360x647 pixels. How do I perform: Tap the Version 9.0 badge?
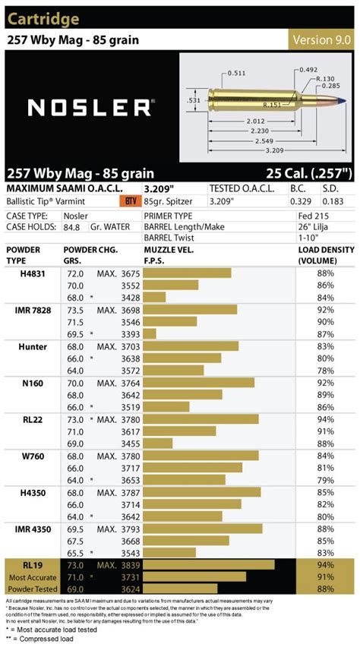[x=321, y=39]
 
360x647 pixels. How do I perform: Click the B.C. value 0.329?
[x=301, y=201]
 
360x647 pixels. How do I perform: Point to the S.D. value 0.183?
[x=338, y=201]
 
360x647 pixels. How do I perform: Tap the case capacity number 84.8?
[x=74, y=226]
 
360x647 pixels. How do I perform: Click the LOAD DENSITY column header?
[x=325, y=254]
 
